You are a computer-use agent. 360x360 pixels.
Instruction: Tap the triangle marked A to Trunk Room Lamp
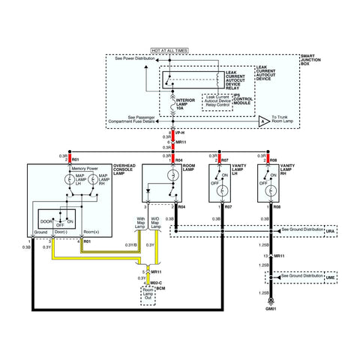[x=262, y=119]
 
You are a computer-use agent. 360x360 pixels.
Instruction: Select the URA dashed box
[x=329, y=231]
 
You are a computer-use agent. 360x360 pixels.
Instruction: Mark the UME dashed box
[x=329, y=277]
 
